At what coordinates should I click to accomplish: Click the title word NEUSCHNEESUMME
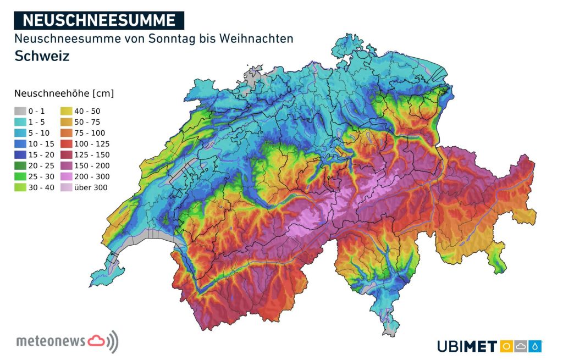100,20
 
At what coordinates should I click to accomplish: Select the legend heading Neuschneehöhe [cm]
64,93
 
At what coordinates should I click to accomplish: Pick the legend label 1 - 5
37,121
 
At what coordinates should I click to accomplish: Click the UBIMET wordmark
467,346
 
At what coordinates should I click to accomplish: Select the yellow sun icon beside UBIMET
506,346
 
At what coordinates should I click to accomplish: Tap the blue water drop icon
535,346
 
